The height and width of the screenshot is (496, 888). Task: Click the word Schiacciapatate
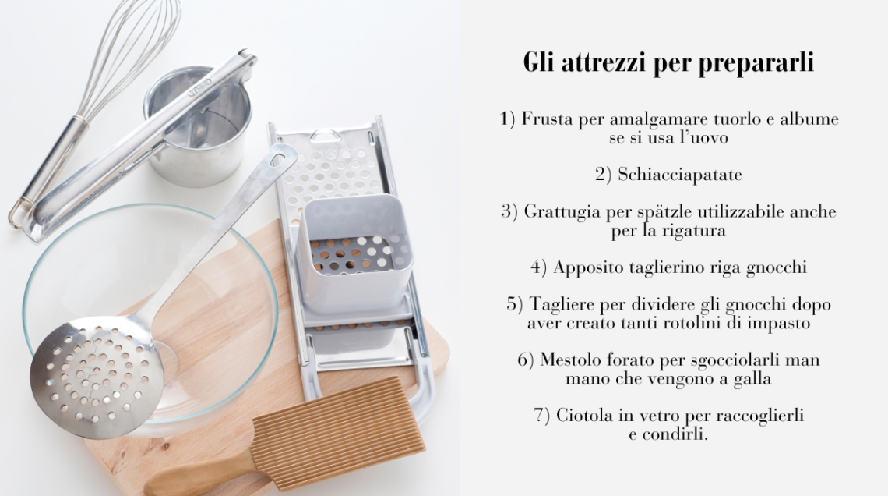pos(679,175)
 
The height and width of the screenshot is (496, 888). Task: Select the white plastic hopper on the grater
pos(356,252)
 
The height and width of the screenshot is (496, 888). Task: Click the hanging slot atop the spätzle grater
pos(326,136)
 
